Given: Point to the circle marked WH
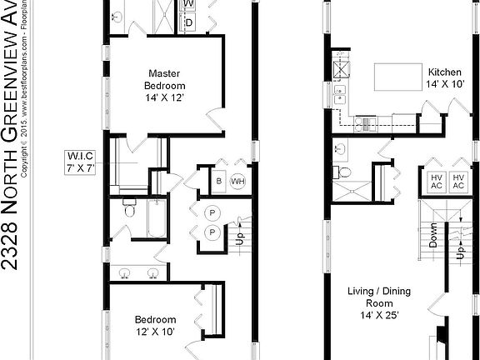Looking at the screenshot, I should [237, 181].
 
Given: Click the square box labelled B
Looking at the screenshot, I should [217, 181].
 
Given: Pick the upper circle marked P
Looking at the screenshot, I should [212, 211].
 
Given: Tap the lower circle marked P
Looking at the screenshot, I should [212, 232].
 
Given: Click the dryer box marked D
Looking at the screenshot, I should [189, 22].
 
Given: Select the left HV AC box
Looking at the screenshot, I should [436, 181].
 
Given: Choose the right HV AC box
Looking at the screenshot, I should [458, 181].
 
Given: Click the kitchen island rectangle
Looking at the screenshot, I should [393, 77].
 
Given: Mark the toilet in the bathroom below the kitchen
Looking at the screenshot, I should [343, 172].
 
